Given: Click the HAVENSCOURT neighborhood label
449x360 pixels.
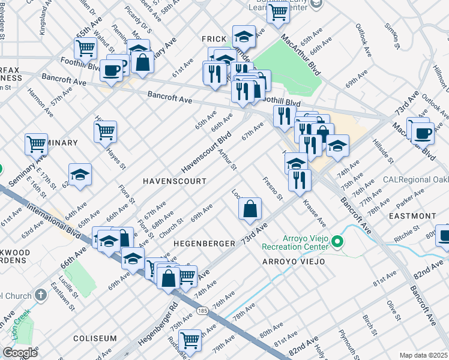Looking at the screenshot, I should click(174, 181).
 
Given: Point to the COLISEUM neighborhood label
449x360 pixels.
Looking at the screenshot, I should click(94, 338).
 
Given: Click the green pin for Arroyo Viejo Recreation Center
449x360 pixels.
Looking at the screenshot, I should click(337, 243).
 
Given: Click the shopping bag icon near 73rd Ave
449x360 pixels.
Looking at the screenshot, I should click(250, 209).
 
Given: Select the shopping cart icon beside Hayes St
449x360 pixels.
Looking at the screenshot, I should click(106, 131).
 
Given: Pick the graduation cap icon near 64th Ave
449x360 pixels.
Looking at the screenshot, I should click(80, 175).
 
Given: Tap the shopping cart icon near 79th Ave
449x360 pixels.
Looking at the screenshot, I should click(190, 340).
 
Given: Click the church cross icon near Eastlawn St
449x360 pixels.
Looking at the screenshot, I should click(40, 295).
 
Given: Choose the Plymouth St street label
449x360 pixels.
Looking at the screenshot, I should click(349, 342).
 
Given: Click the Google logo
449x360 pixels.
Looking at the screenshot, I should click(20, 352).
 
